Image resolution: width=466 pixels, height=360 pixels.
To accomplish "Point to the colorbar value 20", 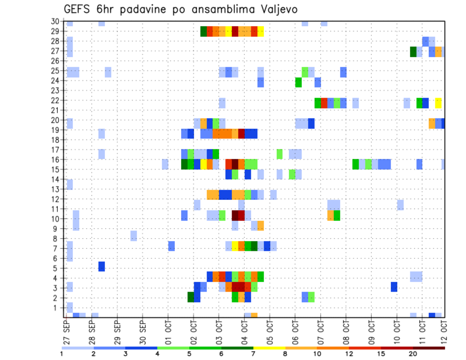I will tap(413, 354).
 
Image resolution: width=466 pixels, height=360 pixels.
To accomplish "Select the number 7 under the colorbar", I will tap(253, 354).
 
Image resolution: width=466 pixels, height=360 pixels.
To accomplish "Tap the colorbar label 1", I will tap(62, 354).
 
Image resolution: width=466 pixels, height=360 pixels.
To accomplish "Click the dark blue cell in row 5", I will tap(101, 266).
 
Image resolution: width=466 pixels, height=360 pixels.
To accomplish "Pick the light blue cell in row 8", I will tap(133, 236).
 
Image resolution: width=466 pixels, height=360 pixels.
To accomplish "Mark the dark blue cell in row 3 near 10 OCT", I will tap(394, 287).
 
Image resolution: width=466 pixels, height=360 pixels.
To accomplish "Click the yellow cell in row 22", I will tap(438, 103).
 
